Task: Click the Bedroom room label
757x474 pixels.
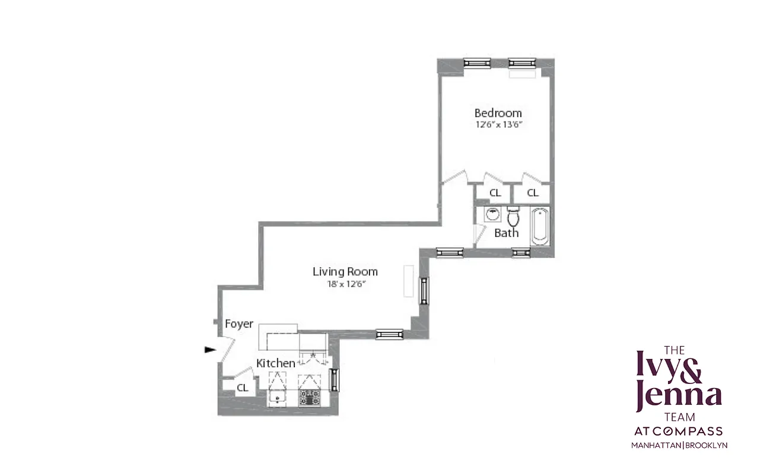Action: [x=498, y=113]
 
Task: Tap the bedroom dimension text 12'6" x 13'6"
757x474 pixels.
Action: [x=498, y=125]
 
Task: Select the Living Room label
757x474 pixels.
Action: [x=345, y=271]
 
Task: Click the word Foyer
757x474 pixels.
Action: [x=239, y=324]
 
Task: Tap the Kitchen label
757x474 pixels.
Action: [x=275, y=363]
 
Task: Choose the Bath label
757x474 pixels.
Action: [x=506, y=233]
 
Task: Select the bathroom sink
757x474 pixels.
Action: [x=492, y=214]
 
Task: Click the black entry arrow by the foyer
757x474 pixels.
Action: [x=210, y=350]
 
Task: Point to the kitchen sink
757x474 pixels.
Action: [x=277, y=397]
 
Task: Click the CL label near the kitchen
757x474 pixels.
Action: [x=243, y=388]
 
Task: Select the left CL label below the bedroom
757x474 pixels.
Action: [x=495, y=193]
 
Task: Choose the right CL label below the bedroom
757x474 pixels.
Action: [x=532, y=193]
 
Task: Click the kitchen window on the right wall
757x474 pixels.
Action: [x=334, y=380]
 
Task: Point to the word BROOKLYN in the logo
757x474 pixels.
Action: [x=707, y=445]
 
